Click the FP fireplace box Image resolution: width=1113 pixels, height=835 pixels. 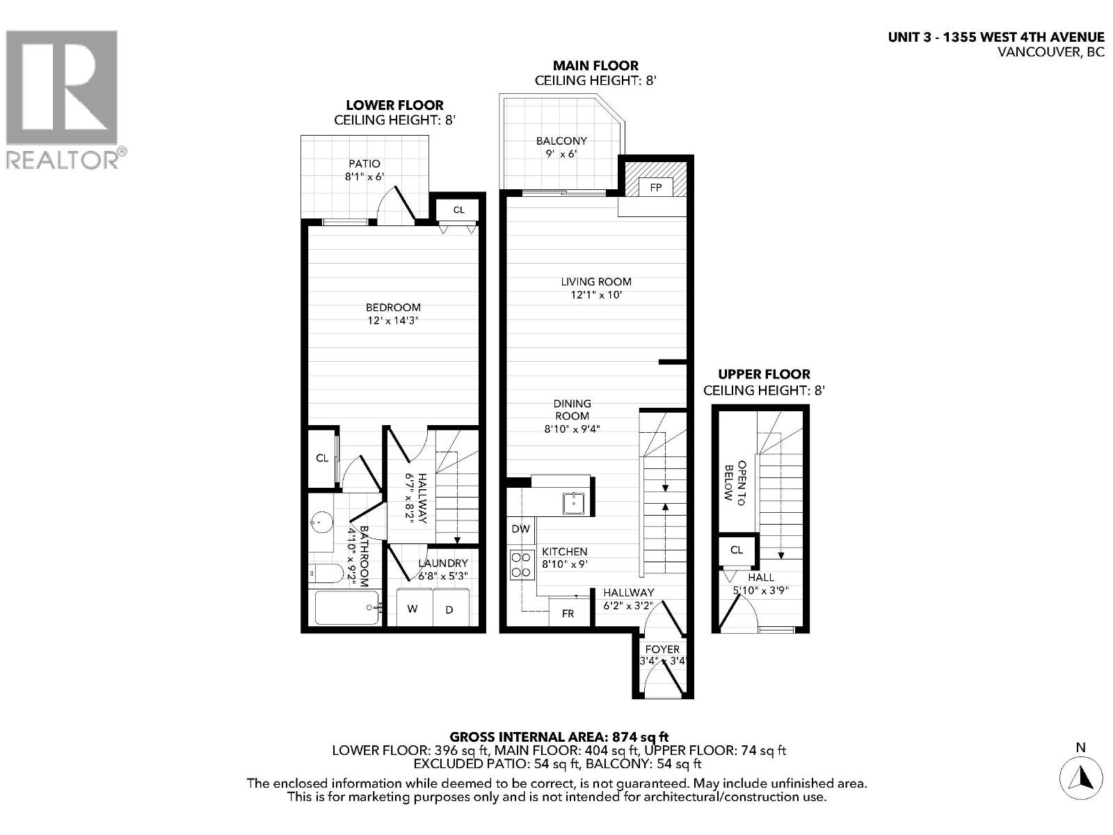pos(655,186)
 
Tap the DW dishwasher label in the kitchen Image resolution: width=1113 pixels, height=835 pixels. pos(520,529)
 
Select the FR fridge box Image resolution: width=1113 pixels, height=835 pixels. pos(568,614)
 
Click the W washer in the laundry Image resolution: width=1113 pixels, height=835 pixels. pos(413,609)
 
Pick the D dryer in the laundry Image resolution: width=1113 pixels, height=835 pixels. pos(449,609)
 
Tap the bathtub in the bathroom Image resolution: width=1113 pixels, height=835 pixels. pos(346,607)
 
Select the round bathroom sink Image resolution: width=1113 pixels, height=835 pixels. pos(321,521)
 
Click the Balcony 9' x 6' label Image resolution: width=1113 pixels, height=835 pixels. pos(561,147)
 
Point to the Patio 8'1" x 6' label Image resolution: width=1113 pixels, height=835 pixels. pos(365,170)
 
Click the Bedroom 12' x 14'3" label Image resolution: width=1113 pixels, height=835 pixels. pos(393,314)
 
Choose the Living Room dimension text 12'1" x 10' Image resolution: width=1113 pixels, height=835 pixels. pos(596,295)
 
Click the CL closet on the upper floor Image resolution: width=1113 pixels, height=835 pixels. pos(737,550)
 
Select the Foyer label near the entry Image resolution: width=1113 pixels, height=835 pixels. pos(662,649)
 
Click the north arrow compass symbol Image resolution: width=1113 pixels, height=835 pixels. pos(1080,775)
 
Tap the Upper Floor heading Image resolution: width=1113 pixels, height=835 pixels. pos(764,374)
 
